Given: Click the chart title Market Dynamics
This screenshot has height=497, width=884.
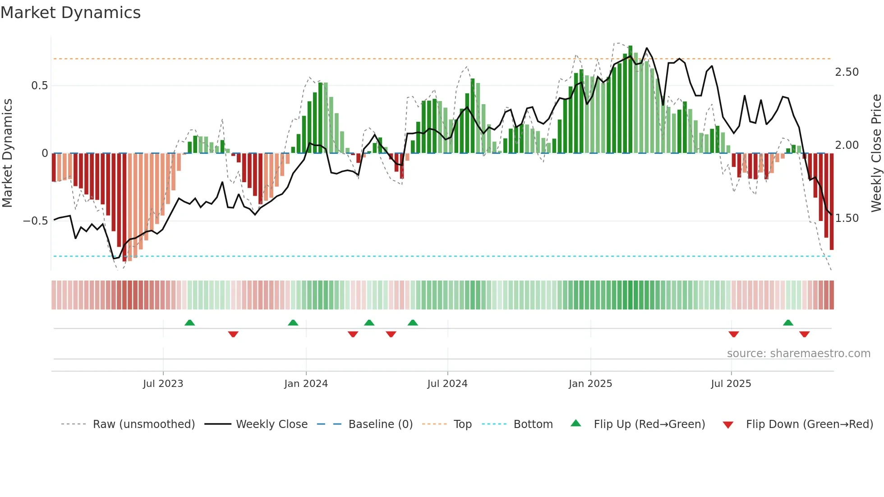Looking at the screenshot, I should pyautogui.click(x=70, y=13).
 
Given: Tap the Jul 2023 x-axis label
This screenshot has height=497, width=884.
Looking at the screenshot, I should pyautogui.click(x=163, y=384).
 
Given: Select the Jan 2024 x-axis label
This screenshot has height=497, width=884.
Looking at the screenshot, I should pyautogui.click(x=306, y=384).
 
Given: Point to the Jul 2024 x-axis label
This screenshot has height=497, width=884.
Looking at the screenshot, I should pyautogui.click(x=447, y=384).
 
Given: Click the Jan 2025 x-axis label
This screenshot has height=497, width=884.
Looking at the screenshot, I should pyautogui.click(x=590, y=384).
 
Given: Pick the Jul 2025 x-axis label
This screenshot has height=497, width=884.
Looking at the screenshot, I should pyautogui.click(x=731, y=384).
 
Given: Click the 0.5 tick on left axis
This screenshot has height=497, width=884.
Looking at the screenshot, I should pyautogui.click(x=39, y=86).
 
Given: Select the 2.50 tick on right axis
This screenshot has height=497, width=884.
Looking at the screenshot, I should pyautogui.click(x=847, y=72).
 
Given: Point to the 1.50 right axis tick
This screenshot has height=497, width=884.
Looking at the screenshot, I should pyautogui.click(x=847, y=218).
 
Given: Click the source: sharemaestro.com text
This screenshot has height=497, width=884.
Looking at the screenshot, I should pyautogui.click(x=798, y=354).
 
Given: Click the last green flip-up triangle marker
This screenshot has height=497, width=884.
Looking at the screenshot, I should pyautogui.click(x=788, y=323).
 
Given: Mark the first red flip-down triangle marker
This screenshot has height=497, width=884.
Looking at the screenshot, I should pyautogui.click(x=233, y=334).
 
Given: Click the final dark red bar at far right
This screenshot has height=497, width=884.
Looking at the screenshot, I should pyautogui.click(x=832, y=203).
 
